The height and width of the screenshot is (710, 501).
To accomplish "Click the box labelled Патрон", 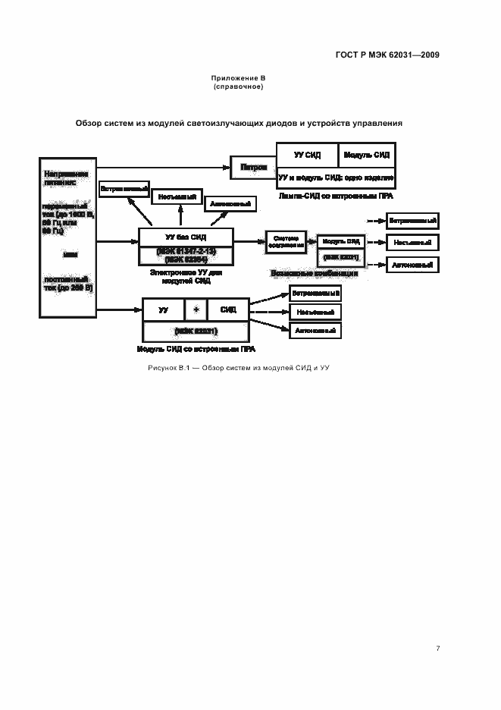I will point(254,168).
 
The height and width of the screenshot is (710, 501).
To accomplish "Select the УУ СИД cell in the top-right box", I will point(306,155).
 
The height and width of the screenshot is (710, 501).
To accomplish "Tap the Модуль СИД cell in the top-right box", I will point(367,155).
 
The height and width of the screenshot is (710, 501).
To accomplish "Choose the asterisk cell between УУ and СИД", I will point(196,309).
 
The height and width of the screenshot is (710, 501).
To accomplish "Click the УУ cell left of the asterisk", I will point(164,309).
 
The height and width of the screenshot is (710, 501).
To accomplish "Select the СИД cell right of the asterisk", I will point(228,309).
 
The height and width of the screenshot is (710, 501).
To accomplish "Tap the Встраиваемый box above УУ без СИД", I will point(124,189).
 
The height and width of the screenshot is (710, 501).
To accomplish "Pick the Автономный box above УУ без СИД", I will point(231,204).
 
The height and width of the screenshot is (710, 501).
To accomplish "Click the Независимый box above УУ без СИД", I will point(178,196).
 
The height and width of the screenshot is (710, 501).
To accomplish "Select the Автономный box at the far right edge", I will point(412,265).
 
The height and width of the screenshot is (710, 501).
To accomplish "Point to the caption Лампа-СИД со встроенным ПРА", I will point(336,196).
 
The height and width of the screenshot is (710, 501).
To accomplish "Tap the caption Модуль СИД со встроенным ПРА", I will point(196,350).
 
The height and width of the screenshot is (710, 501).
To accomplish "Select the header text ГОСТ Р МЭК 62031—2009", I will point(387,55).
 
